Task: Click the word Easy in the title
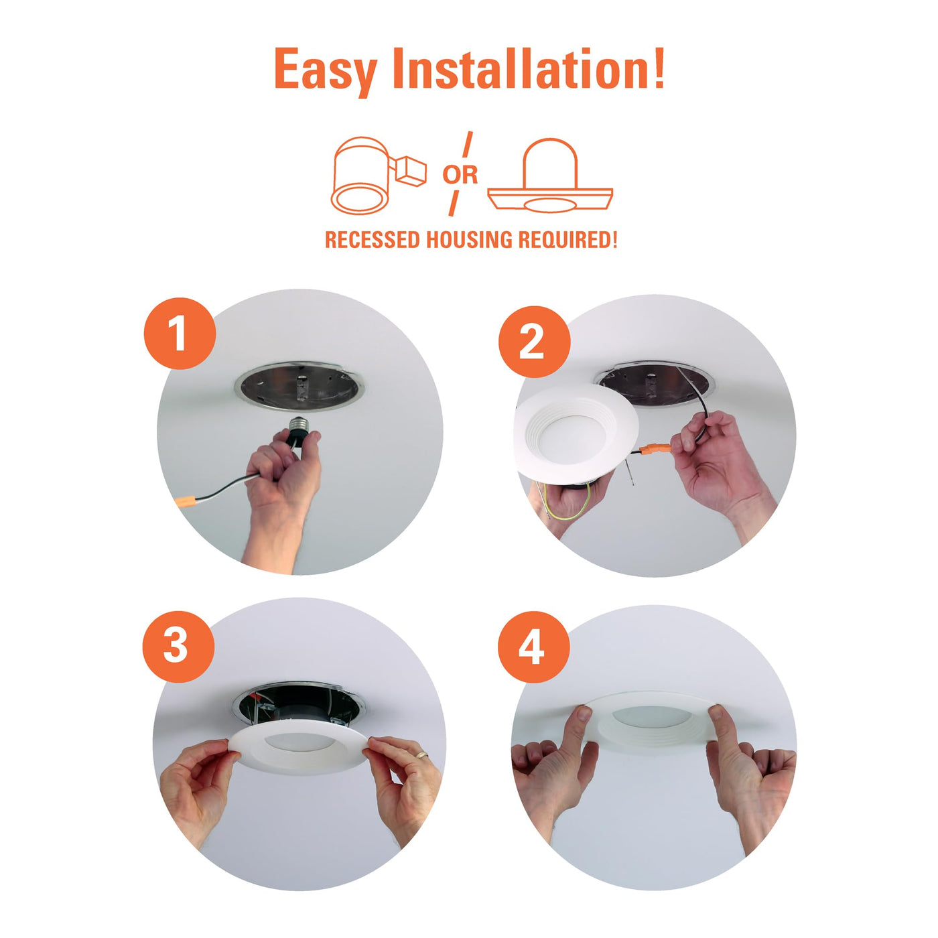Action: coord(326,70)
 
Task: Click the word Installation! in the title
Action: coord(529,68)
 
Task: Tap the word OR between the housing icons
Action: coord(460,174)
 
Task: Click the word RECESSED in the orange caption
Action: coord(372,239)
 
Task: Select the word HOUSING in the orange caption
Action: coord(471,239)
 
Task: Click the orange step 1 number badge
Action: coord(180,334)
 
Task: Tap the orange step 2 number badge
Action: coord(534,341)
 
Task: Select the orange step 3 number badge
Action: coord(179,647)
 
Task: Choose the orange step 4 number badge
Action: coord(533,647)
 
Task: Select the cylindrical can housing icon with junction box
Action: coord(379,176)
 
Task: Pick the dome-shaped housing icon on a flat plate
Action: coord(550,176)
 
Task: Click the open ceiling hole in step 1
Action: coord(299,387)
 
